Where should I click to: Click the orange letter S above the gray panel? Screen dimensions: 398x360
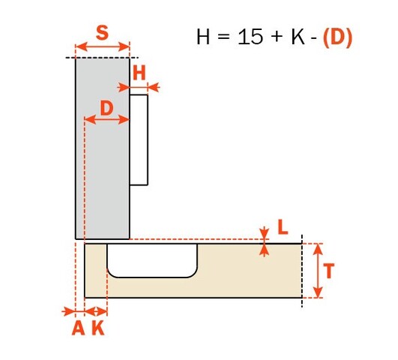102,33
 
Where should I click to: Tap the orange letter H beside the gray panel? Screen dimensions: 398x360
139,73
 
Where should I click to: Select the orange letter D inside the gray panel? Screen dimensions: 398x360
107,108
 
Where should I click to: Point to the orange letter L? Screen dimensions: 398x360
283,226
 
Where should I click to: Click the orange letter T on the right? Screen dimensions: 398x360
329,271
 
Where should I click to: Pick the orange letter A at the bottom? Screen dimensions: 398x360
79,328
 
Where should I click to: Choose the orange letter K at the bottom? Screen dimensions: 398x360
98,328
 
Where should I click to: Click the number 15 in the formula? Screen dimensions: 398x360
250,37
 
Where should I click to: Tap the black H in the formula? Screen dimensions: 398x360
203,37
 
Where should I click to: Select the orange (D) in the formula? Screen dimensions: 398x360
338,37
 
